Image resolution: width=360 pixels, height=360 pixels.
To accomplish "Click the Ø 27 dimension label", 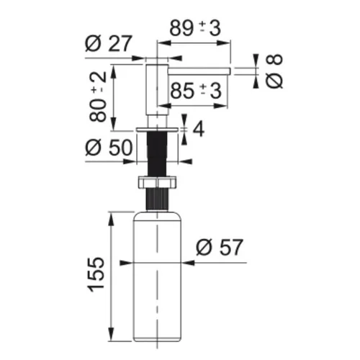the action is point(109,43).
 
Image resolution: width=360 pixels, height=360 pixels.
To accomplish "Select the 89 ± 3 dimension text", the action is point(195,28).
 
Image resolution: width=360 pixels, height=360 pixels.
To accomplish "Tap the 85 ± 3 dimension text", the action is point(196,91).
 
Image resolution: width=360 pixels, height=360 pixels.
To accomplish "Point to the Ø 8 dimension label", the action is point(274,71).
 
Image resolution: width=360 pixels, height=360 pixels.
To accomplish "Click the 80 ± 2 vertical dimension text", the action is point(98,96).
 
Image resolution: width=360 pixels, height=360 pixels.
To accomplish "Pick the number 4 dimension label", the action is point(199,130).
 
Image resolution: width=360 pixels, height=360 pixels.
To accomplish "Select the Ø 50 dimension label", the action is point(109,147).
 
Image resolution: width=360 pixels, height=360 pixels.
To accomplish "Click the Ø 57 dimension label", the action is point(220,247).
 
